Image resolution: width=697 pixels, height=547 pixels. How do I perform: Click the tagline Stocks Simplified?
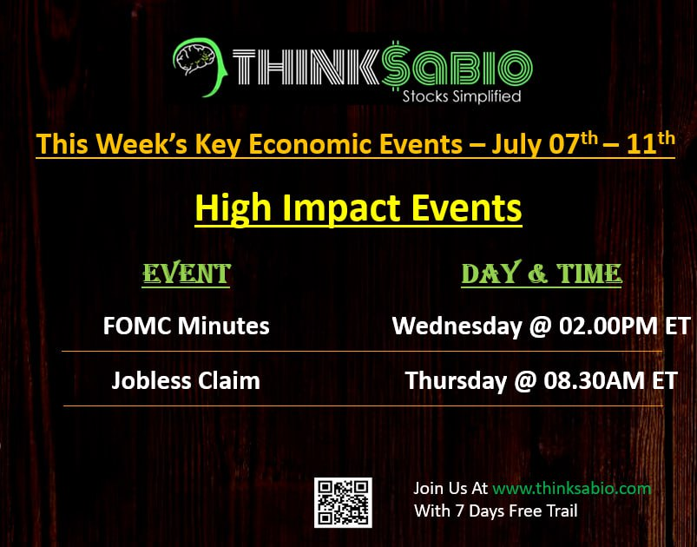tap(462, 96)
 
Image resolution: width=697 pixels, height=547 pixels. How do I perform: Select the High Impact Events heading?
tap(358, 208)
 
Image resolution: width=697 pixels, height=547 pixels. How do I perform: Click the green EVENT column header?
tap(187, 273)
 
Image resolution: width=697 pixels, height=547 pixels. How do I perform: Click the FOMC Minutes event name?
tap(186, 326)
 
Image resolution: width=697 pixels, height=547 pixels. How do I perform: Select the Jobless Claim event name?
tap(186, 381)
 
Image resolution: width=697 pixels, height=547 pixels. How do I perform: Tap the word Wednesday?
tap(457, 326)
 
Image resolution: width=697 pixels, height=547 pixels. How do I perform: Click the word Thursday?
tap(456, 381)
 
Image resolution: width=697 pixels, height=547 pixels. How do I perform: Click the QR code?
tap(343, 503)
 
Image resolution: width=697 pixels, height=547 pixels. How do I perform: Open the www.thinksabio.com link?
tap(572, 489)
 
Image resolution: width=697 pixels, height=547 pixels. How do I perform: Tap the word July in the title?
tap(516, 145)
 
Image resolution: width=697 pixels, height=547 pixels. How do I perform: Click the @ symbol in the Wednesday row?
tap(541, 327)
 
